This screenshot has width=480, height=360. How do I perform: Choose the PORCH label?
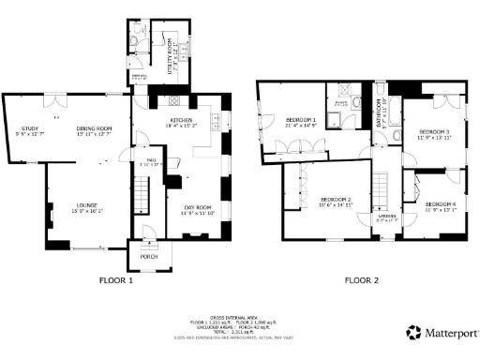point(148,254)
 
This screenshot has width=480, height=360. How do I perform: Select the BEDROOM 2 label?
point(336,200)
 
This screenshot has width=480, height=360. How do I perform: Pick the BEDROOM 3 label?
point(434,131)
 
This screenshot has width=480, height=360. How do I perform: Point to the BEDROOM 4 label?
point(440,203)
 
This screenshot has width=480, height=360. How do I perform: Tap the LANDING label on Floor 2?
point(386,217)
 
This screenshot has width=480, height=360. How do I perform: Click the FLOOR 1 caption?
point(116,279)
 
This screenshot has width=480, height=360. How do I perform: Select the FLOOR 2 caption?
point(361,279)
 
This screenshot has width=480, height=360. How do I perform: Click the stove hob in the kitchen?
point(174,102)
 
